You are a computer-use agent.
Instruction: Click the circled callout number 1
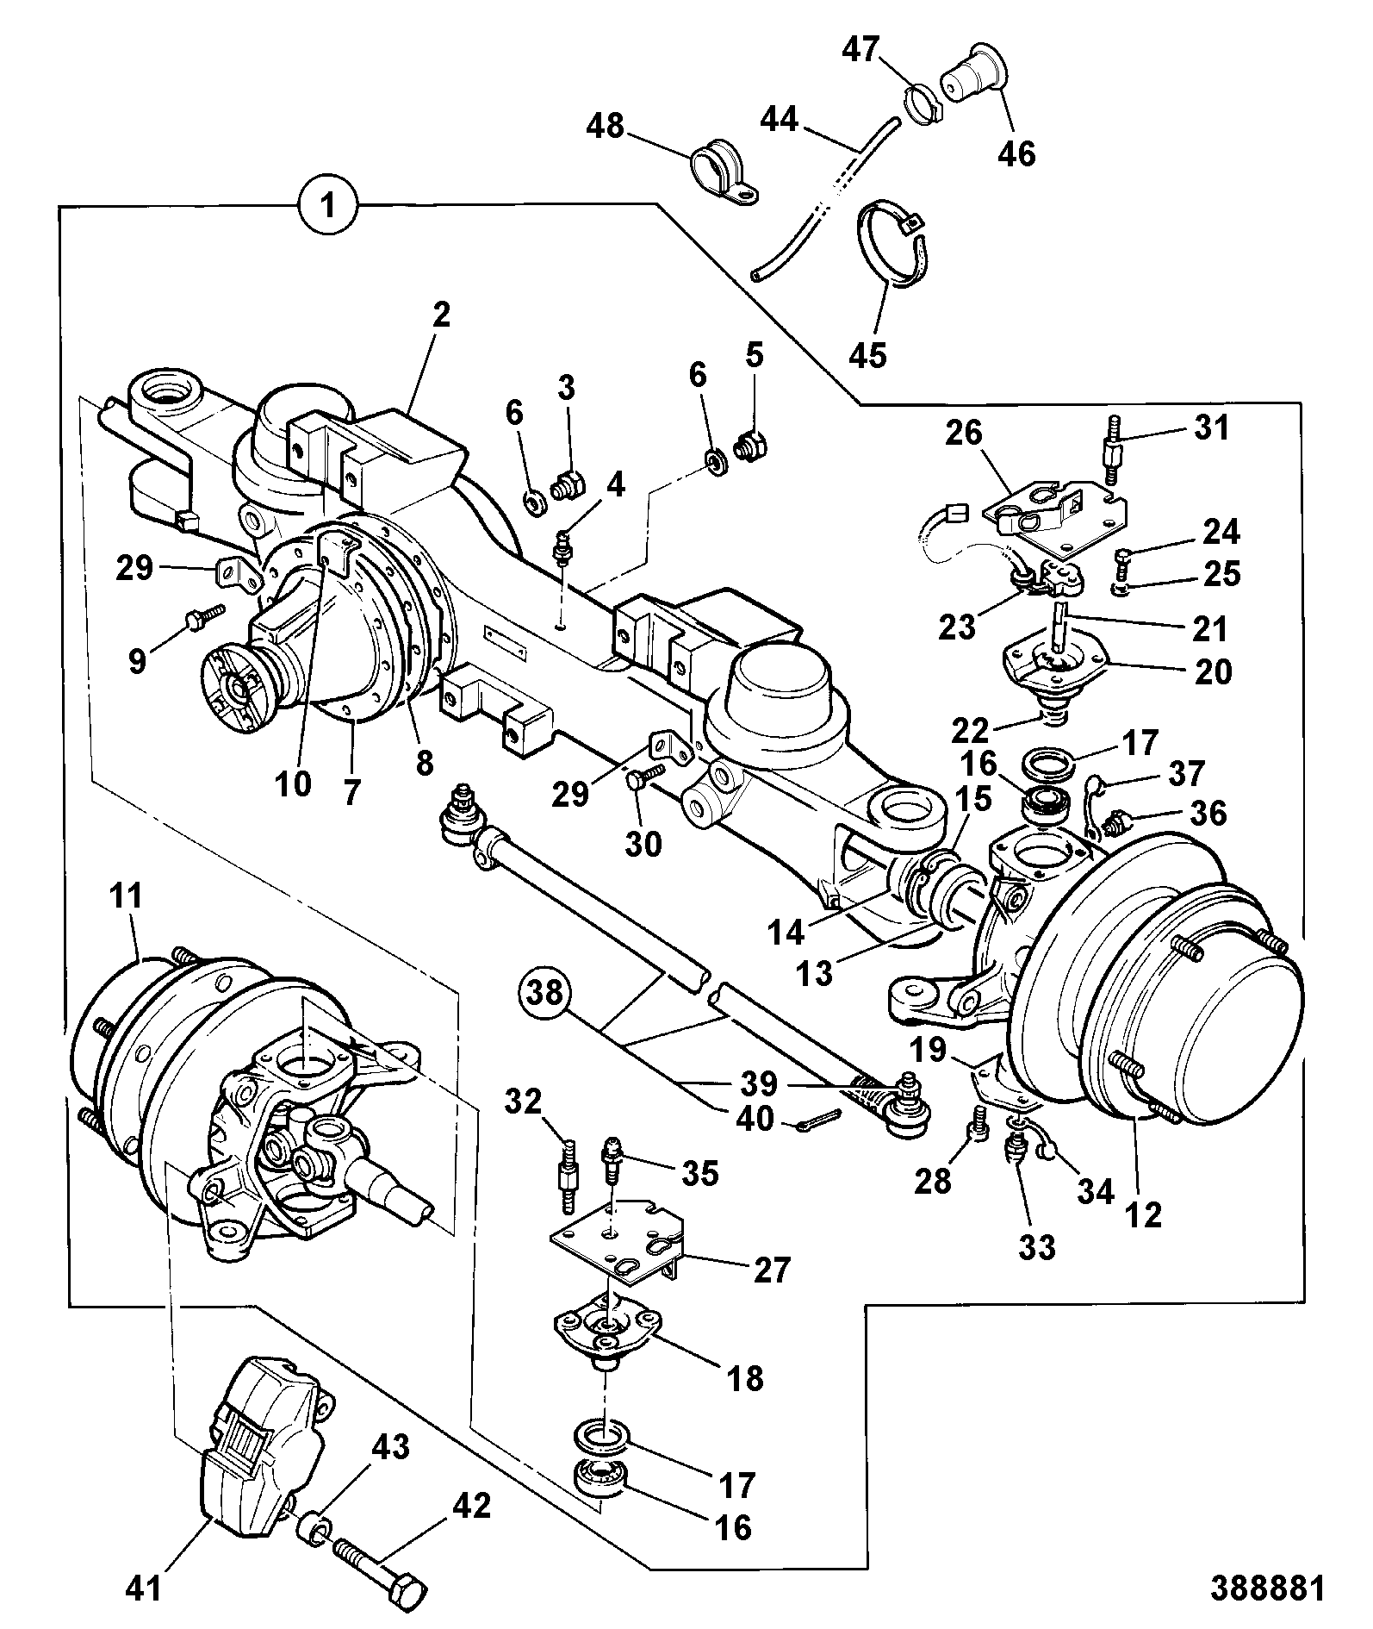click(x=328, y=205)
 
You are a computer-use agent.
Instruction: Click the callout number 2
click(x=440, y=315)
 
